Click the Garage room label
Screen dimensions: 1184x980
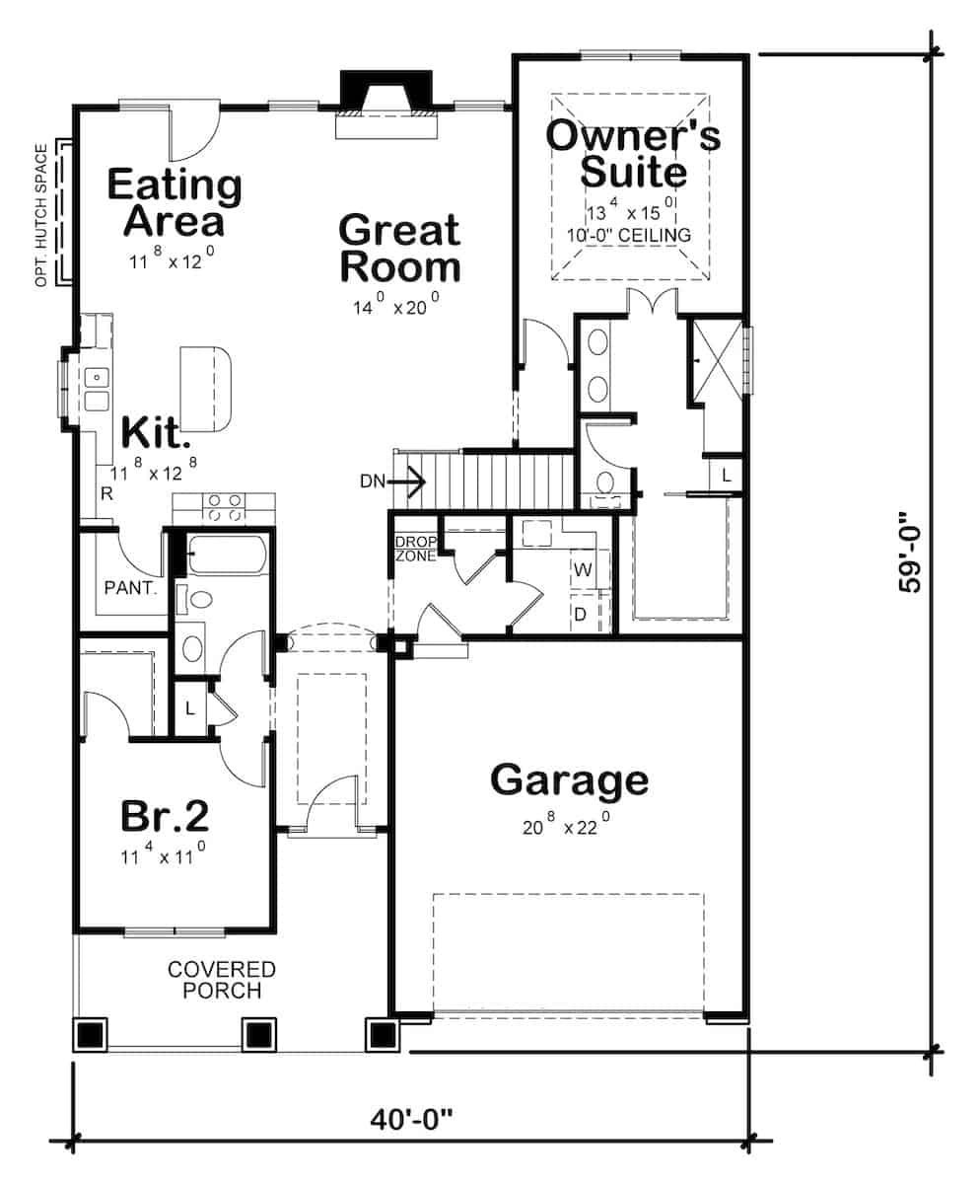(x=569, y=779)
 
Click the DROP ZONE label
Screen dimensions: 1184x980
(x=414, y=549)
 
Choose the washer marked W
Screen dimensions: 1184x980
(x=582, y=569)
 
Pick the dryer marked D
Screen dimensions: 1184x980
(x=582, y=614)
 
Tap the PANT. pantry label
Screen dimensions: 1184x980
(x=131, y=589)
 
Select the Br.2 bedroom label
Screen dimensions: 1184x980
(x=165, y=816)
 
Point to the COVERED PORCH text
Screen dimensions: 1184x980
(x=221, y=981)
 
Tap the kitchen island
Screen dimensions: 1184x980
(x=206, y=388)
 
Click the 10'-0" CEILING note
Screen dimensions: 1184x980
(x=628, y=236)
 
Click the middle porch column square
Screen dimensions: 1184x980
(x=257, y=1034)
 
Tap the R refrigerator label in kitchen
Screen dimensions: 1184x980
(x=105, y=494)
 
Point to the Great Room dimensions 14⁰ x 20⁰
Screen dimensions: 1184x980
(x=396, y=306)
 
